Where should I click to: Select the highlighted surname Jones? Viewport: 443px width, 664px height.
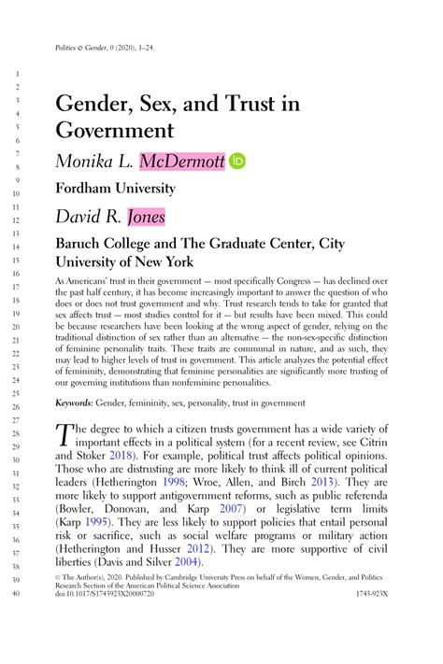(x=146, y=217)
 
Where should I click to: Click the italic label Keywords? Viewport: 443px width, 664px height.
(x=77, y=403)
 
